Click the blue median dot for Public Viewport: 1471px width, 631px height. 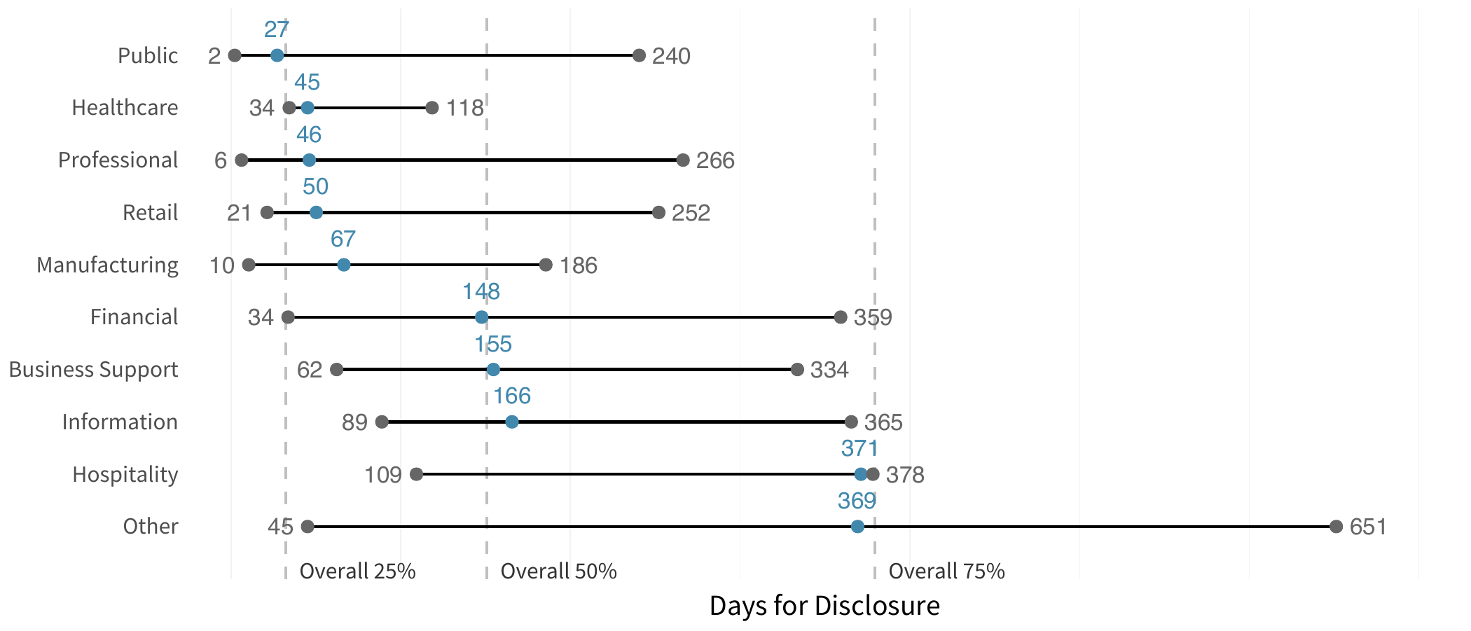(277, 55)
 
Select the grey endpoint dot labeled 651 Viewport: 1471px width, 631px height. (1336, 527)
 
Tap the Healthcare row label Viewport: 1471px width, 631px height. (125, 108)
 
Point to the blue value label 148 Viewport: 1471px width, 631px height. (481, 291)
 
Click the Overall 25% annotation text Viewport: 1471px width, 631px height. (357, 571)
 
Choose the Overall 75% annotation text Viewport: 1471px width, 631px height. (946, 571)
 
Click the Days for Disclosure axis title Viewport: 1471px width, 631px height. (824, 606)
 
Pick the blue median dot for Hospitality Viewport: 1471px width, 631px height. (861, 474)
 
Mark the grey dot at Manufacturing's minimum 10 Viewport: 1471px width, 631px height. (249, 265)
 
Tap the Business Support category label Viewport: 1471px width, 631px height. (93, 369)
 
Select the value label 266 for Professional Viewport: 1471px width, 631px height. (715, 160)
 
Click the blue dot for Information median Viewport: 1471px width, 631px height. (512, 422)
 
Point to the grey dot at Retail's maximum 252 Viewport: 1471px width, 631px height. (658, 212)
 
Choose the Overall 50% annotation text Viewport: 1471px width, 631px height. (558, 571)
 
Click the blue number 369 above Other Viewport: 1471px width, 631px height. (857, 501)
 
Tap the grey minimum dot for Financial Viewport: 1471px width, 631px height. (288, 317)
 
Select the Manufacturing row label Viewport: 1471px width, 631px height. (107, 265)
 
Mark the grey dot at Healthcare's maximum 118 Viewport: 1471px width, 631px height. (432, 108)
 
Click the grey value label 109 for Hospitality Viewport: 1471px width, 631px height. (383, 475)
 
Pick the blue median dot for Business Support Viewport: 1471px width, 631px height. (493, 369)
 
